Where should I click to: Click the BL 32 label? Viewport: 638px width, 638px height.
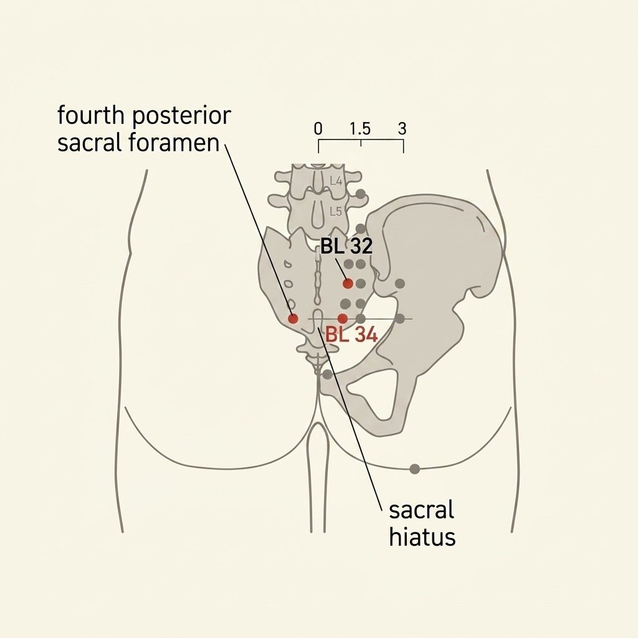pos(346,246)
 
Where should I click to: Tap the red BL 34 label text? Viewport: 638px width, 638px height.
pos(351,335)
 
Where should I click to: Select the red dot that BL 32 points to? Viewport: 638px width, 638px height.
pos(348,283)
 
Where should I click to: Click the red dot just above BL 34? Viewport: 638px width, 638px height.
pos(343,318)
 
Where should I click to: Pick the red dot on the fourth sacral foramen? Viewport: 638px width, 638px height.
pos(293,318)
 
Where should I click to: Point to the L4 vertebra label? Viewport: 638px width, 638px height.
pos(336,181)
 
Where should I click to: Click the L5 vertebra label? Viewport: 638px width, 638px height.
pos(336,212)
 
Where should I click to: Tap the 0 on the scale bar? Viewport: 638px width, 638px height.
pos(318,128)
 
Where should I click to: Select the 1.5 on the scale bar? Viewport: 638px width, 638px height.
pos(360,128)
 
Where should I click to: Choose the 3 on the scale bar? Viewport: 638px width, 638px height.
pos(402,128)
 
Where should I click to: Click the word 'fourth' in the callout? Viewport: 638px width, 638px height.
pos(90,115)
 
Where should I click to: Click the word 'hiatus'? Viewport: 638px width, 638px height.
pos(422,536)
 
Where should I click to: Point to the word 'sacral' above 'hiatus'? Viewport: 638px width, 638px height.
pos(421,510)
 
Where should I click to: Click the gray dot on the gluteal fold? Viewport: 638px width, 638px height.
pos(414,469)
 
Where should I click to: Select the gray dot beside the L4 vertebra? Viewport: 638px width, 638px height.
pos(361,194)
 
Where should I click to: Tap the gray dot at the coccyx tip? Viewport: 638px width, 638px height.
pos(327,374)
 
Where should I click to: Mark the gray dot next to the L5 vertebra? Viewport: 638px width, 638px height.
pos(361,228)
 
